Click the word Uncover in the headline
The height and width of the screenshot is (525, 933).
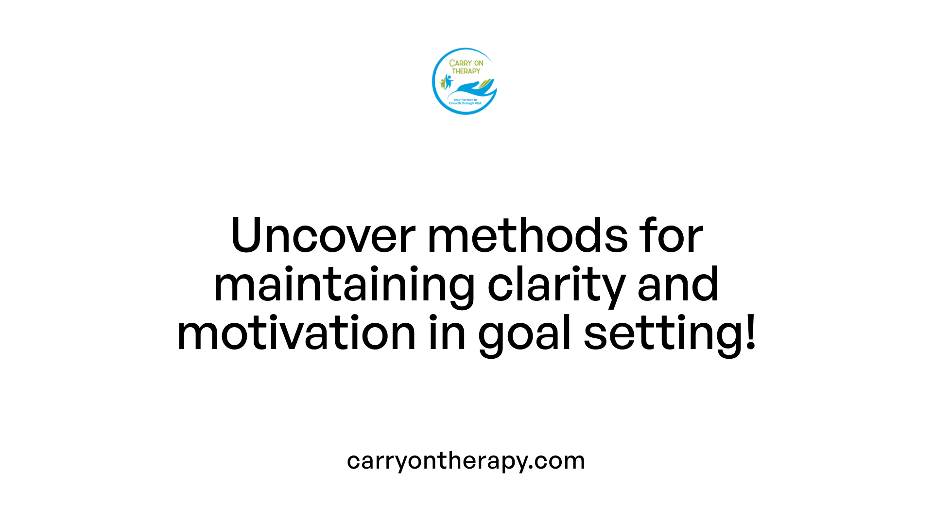tap(323, 235)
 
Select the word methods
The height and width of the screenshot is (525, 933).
tap(527, 235)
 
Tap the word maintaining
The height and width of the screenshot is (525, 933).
tap(344, 285)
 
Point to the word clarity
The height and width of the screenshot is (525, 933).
tap(556, 285)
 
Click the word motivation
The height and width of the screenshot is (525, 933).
tap(296, 333)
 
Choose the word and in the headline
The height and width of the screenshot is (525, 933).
tap(678, 285)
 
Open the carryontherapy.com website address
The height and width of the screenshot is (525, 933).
tap(466, 461)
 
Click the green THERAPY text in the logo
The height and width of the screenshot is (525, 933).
tap(466, 71)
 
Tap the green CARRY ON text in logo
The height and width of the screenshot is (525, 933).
tap(466, 63)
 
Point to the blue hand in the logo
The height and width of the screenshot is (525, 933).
tap(469, 88)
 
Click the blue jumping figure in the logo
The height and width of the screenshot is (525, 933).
tap(448, 81)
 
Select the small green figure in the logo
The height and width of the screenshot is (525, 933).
tap(442, 83)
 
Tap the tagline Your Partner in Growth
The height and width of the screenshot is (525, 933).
tap(465, 102)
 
